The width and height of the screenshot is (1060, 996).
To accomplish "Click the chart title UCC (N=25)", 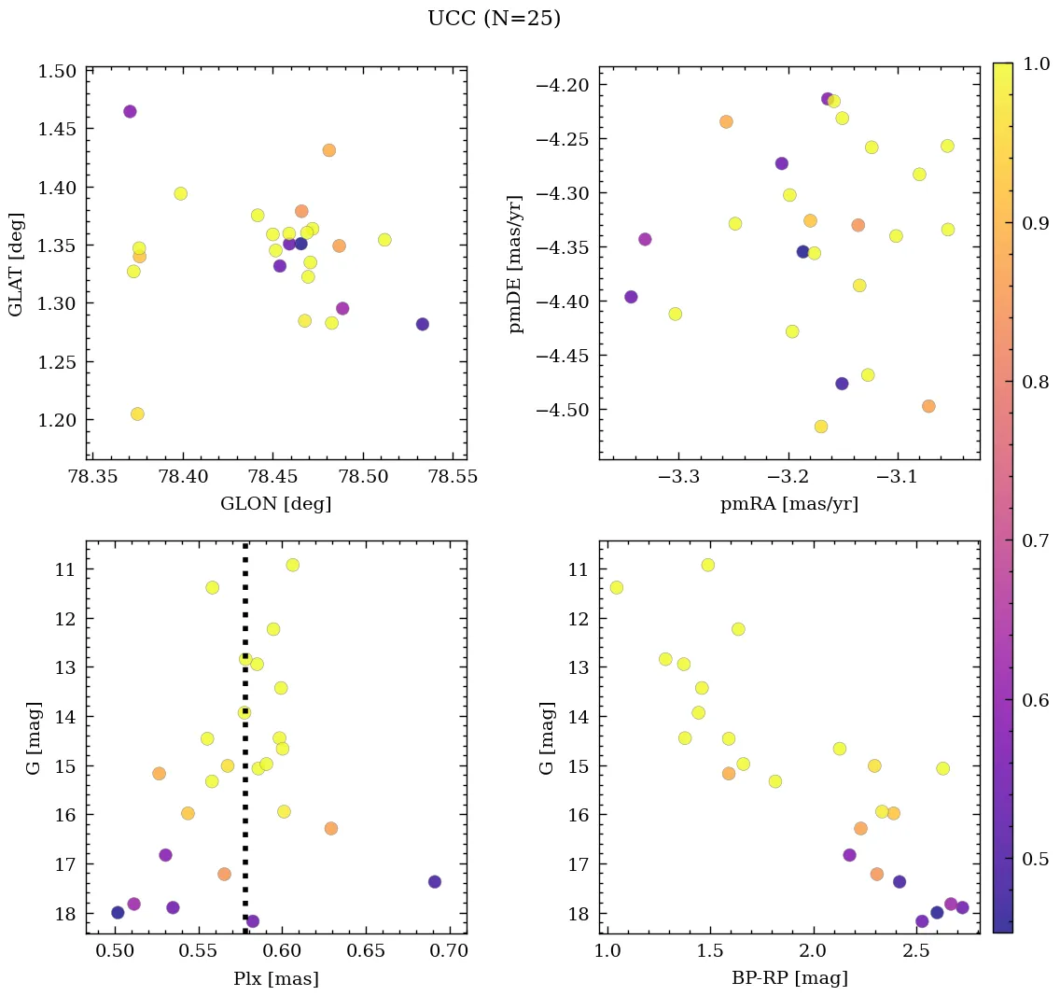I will point(494,19).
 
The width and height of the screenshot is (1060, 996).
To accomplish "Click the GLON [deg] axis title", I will point(275,504).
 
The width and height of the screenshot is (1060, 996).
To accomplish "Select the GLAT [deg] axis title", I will point(17,264).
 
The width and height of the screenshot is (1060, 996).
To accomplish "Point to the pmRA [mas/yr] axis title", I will point(788,504).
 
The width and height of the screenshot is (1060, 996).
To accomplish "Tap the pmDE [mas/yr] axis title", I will point(516,264).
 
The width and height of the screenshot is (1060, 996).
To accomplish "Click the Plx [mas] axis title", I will point(275,979).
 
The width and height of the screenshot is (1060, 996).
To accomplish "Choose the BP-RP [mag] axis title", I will point(788,979).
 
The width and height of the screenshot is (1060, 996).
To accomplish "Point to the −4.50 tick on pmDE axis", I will point(563,410).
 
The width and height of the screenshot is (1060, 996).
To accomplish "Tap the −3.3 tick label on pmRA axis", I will point(678,478).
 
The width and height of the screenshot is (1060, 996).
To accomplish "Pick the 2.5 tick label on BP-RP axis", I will point(915,952).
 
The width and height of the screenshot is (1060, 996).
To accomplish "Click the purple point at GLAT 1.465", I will point(130,112).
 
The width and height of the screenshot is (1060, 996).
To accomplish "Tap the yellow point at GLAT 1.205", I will point(137,414).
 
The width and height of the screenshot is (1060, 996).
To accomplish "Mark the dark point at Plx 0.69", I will point(435,881).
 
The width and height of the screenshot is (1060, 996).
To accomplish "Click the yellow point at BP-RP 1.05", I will point(616,587).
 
